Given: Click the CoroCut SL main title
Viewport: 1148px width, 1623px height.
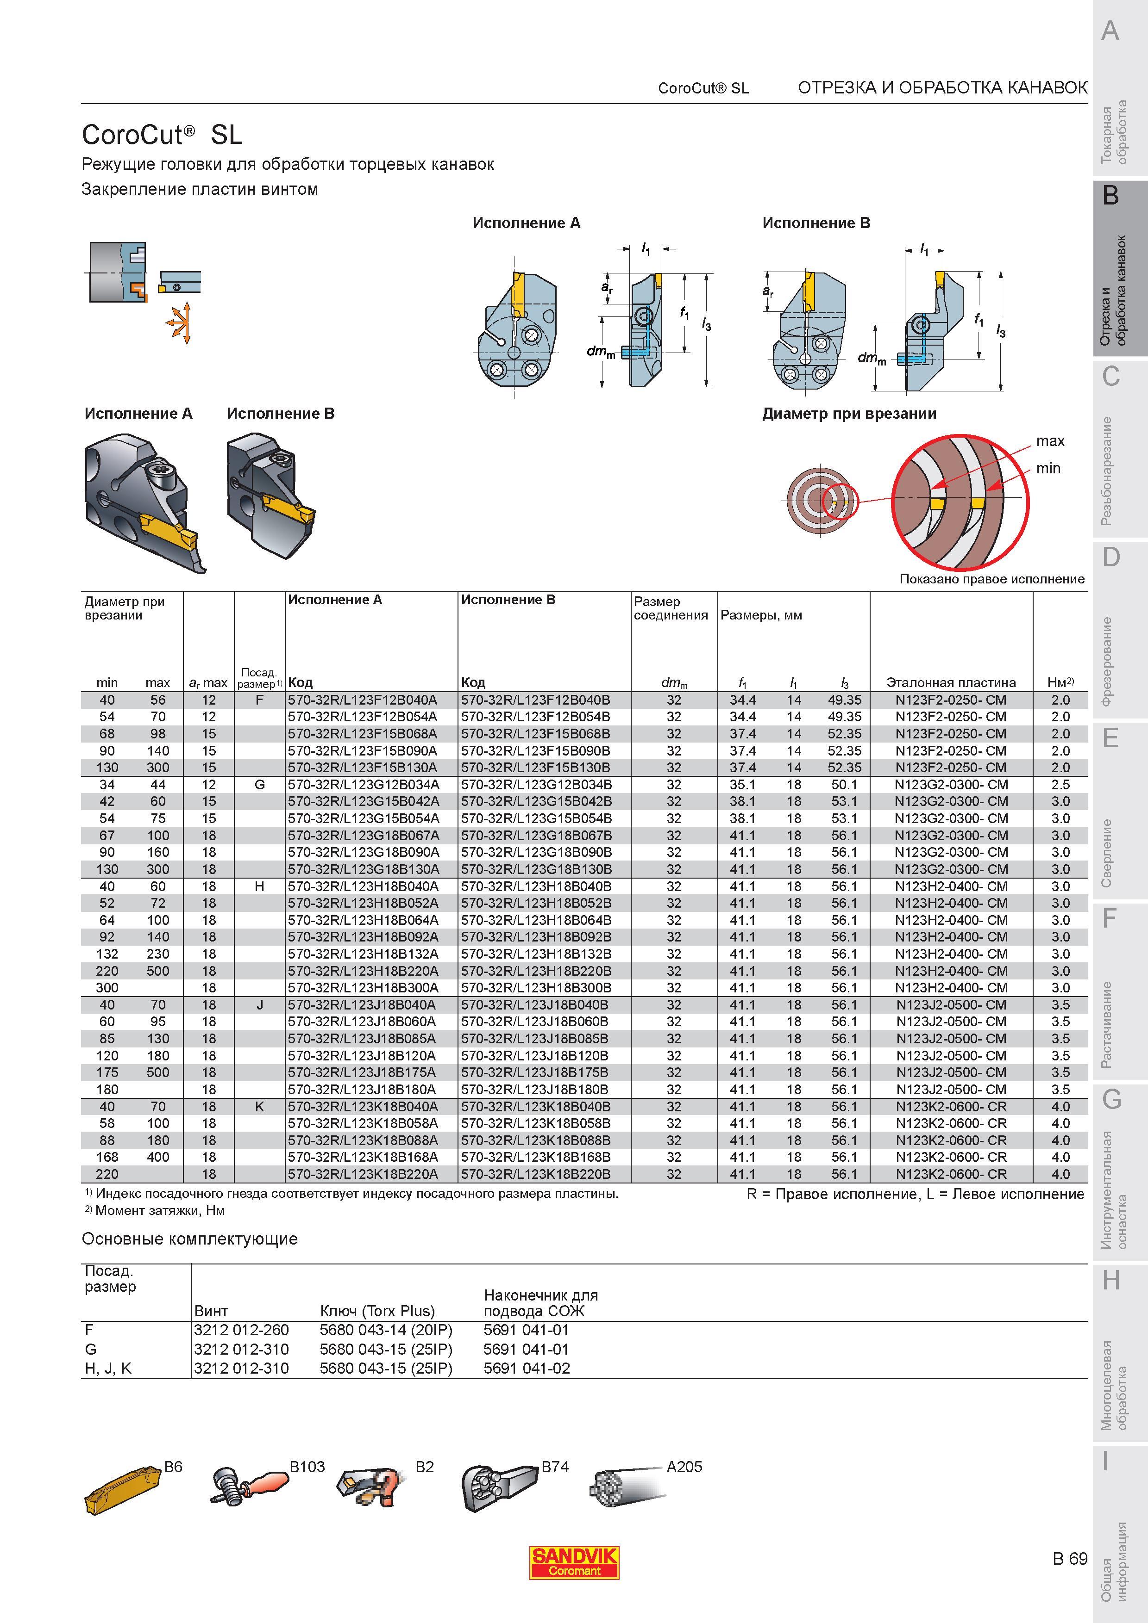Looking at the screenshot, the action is (x=162, y=134).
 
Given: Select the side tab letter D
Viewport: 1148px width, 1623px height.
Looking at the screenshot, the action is (x=1111, y=558).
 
